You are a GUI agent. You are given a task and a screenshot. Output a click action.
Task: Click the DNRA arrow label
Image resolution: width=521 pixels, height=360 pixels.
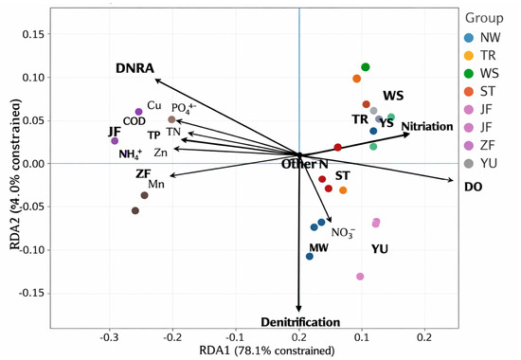click(135, 68)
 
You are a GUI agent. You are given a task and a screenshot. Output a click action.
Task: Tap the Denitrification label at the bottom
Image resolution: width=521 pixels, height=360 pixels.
click(300, 322)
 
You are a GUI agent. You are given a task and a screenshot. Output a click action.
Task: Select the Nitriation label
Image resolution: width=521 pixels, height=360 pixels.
click(427, 126)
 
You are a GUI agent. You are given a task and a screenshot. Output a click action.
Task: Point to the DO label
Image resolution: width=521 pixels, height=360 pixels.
click(473, 187)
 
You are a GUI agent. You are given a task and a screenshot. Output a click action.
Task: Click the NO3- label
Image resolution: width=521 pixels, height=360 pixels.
click(343, 232)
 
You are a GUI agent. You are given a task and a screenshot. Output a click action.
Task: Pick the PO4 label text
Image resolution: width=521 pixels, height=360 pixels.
click(184, 108)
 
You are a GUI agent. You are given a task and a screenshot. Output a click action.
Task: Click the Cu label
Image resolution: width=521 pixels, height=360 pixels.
click(154, 105)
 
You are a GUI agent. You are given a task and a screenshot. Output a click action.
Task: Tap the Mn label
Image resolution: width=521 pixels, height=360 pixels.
click(156, 184)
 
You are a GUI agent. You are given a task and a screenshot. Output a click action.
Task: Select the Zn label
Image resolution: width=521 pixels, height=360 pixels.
click(160, 153)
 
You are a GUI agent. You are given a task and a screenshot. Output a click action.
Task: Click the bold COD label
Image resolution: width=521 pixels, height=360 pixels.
click(135, 121)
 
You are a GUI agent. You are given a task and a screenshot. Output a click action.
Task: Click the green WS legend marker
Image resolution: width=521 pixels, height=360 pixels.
click(469, 74)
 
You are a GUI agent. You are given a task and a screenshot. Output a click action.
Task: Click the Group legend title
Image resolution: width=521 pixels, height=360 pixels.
click(484, 18)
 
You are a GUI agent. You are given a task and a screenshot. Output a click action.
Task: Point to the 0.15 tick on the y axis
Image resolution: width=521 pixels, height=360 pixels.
click(33, 34)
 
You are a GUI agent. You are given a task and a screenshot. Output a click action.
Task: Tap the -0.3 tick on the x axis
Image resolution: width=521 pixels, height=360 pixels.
click(109, 337)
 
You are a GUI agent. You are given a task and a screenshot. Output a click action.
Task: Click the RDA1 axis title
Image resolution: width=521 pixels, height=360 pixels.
click(267, 351)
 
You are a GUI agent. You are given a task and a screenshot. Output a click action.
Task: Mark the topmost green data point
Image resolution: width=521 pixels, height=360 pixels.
click(365, 67)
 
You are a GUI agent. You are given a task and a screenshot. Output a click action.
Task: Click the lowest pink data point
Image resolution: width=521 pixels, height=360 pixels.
click(360, 277)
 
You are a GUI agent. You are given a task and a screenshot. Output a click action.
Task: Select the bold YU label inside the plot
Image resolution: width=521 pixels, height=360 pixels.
click(380, 249)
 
